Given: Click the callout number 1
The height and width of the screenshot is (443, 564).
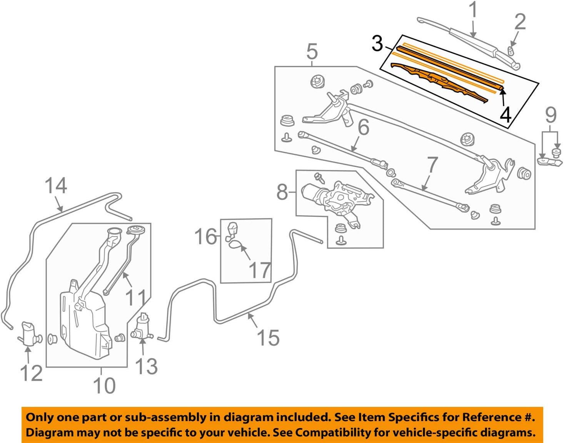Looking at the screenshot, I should click(474, 10).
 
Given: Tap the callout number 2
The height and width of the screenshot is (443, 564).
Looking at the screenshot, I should click(520, 22).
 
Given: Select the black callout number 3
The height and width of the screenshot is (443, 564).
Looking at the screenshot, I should click(377, 43).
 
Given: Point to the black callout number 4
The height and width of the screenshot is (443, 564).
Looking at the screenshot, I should click(506, 115).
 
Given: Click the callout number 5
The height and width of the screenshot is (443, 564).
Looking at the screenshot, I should click(312, 52).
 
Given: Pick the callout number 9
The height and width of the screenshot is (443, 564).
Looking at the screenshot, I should click(551, 115).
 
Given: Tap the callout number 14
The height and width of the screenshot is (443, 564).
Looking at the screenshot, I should click(56, 186).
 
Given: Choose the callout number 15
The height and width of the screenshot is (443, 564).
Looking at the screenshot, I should click(268, 338).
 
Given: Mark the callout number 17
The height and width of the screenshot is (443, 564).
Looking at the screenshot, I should click(260, 270).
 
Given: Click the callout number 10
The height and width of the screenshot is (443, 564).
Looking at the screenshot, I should click(104, 385).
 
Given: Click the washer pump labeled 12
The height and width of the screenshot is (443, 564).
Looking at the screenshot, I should click(29, 333).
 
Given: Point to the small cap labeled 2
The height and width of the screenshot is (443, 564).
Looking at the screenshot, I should click(511, 50).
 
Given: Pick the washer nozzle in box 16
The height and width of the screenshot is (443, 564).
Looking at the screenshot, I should click(232, 230).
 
